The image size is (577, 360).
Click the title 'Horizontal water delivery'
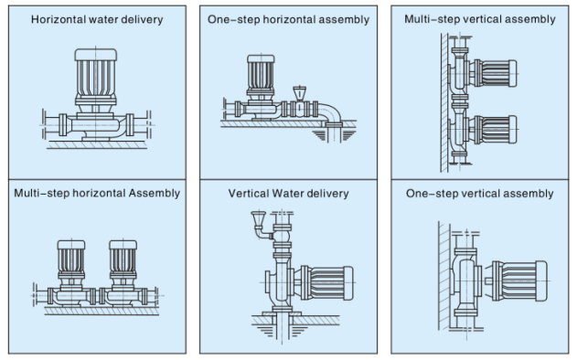coord(97,19)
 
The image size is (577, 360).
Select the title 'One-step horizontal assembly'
coord(288,19)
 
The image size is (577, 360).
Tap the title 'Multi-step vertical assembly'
coord(480,19)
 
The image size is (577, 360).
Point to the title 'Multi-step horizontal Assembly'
coord(97,194)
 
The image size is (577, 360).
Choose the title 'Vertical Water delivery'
coord(288,194)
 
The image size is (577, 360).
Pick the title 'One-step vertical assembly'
coord(480,194)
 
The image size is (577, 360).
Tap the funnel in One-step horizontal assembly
coord(300,93)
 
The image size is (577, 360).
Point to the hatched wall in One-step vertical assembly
coord(444,276)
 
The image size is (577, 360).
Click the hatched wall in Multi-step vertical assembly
coord(444,102)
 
